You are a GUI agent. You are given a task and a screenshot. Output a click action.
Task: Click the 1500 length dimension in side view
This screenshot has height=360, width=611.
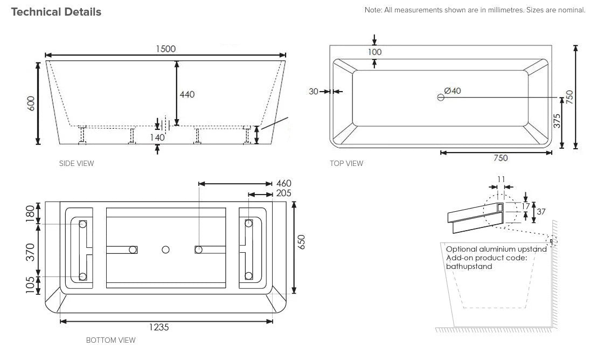coord(165,49)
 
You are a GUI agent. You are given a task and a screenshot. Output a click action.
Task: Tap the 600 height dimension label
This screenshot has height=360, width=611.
coord(31,103)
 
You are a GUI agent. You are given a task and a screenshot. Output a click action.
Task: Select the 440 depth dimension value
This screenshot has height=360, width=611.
coord(187,94)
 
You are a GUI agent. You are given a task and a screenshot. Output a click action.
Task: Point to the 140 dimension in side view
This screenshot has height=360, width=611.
coord(157,137)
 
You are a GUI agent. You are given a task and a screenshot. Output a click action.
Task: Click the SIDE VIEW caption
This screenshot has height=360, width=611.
coord(77,164)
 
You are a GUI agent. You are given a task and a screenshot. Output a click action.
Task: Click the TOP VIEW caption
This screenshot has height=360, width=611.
coord(346,164)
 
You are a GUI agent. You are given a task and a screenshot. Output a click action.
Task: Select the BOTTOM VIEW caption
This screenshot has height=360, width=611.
coord(110,340)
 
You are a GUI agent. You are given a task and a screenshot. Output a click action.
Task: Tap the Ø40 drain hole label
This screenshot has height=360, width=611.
coord(453,91)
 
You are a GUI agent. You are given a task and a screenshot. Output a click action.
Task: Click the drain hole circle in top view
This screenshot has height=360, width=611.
coord(441,98)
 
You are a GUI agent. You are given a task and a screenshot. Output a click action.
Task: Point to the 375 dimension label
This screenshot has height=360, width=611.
coord(557,121)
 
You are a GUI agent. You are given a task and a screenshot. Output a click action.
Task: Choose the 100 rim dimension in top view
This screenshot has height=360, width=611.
coord(374,52)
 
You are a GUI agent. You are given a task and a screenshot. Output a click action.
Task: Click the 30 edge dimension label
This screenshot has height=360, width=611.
coord(314,92)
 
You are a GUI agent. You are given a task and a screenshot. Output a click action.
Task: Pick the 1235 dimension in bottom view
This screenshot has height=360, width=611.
coord(159,327)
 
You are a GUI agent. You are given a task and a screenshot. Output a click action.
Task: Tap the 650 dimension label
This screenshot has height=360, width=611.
coord(301,242)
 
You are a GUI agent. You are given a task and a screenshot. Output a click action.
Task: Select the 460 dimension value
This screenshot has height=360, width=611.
coord(283,183)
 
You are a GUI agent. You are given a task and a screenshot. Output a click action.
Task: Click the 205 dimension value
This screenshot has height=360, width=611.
coord(283,193)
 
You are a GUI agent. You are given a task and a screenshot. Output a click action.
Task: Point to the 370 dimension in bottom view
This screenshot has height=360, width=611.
coord(30,252)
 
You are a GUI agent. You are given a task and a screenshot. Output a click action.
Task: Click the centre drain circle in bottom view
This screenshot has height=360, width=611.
coord(165,250)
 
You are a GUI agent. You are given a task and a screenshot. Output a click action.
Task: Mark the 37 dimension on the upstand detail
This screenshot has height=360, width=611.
coord(541,212)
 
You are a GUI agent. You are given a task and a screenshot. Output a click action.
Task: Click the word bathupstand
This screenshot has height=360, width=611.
coord(469,266)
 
